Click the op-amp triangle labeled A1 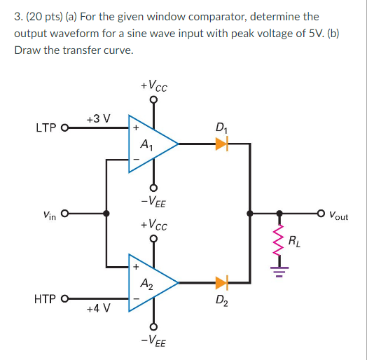pyautogui.click(x=148, y=144)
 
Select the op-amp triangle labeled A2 pyautogui.click(x=148, y=283)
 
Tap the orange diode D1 pyautogui.click(x=222, y=144)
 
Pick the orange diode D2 pyautogui.click(x=222, y=283)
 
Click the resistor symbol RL pyautogui.click(x=279, y=241)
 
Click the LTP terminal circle pyautogui.click(x=66, y=128)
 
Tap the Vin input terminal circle pyautogui.click(x=66, y=214)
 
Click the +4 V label pyautogui.click(x=98, y=309)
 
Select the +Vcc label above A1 pyautogui.click(x=153, y=85)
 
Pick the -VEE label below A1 pyautogui.click(x=153, y=203)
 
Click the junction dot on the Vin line pyautogui.click(x=106, y=214)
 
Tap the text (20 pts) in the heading pyautogui.click(x=39, y=15)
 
